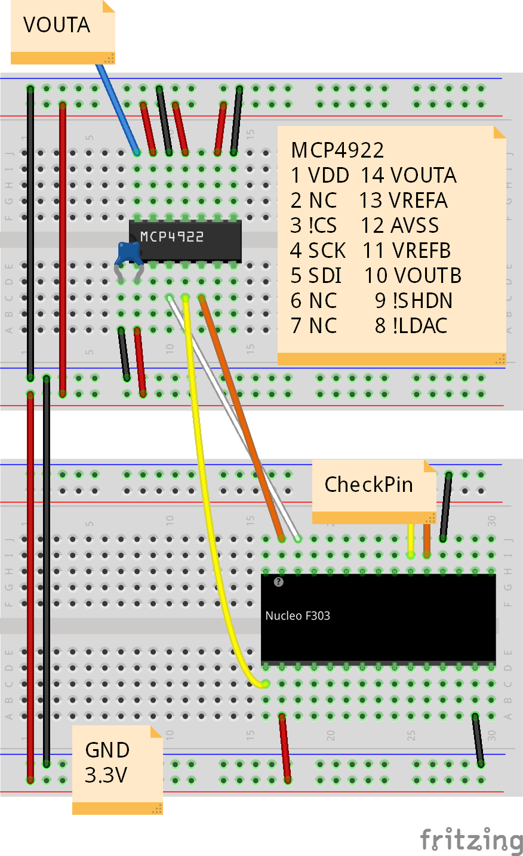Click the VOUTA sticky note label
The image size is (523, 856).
pos(56,25)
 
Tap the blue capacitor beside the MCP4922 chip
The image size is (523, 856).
pos(129,253)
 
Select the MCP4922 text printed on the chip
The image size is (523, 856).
pos(172,237)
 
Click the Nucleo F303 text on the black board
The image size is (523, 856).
pos(297,615)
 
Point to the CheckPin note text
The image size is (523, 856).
pos(368,484)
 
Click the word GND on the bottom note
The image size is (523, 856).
pos(107,750)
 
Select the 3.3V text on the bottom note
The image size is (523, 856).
pos(106,775)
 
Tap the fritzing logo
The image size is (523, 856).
pos(471,839)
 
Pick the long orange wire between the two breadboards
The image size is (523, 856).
pos(242,418)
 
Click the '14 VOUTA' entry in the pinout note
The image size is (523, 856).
pos(409,175)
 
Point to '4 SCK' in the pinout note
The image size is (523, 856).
pos(318,251)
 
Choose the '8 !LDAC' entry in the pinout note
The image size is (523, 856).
pos(411,326)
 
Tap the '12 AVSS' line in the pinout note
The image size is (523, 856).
pos(400,226)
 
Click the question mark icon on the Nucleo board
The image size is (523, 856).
pos(278,582)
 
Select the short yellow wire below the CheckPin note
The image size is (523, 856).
pos(411,540)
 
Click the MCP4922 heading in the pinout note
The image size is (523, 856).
pos(337,150)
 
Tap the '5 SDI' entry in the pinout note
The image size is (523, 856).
pos(316,276)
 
